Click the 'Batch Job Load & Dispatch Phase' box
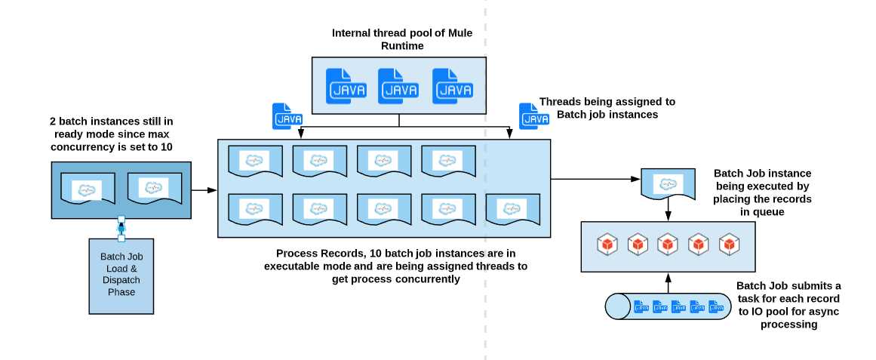[121, 274]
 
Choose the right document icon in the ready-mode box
[153, 189]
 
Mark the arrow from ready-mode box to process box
[202, 189]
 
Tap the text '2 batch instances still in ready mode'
[112, 133]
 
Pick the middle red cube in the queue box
[668, 245]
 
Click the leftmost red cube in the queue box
[607, 245]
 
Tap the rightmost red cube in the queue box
[728, 245]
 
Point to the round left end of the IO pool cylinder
[618, 307]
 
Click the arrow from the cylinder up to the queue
[668, 282]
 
